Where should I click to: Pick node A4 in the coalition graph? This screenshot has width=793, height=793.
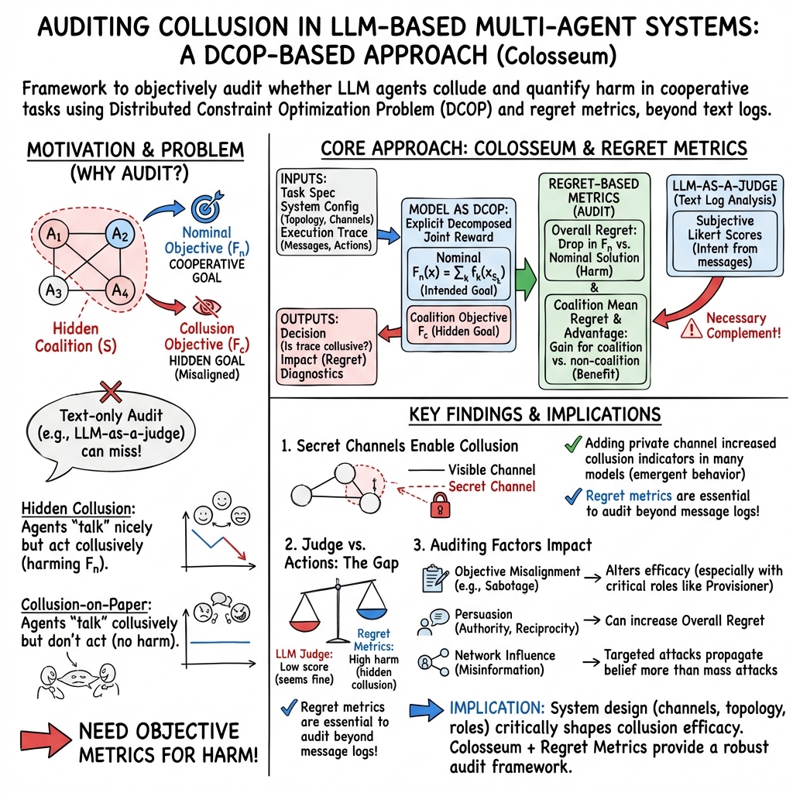point(118,290)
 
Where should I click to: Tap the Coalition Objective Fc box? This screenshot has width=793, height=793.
point(458,324)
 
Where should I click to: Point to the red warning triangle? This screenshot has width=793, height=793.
point(688,330)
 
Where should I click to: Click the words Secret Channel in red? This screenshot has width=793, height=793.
point(492,486)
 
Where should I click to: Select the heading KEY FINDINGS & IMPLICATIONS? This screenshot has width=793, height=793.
point(534,415)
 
